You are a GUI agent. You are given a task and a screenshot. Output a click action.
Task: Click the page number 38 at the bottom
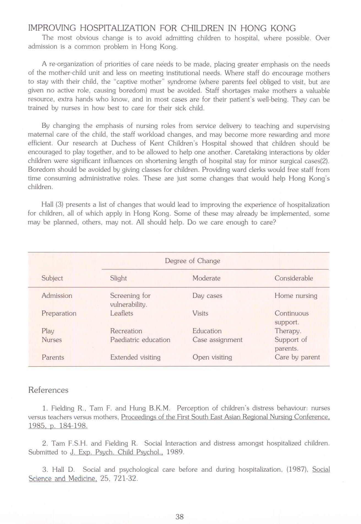(180, 517)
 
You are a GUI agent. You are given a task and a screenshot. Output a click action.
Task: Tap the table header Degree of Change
(192, 261)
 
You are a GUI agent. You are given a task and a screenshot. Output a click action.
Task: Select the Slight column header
(118, 278)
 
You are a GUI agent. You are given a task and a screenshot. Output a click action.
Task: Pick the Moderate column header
(206, 278)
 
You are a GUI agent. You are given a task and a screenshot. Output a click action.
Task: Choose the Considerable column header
(294, 278)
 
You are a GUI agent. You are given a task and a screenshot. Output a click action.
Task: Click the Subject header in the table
(52, 278)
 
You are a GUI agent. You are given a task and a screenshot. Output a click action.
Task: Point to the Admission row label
(57, 295)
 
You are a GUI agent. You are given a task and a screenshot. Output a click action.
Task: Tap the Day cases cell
(207, 296)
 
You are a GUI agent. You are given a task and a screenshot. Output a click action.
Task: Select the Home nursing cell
(296, 295)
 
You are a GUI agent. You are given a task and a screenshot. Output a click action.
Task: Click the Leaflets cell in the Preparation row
(121, 313)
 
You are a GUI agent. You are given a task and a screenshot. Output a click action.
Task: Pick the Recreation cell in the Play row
(126, 331)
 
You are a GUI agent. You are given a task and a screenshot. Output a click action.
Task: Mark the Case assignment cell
(217, 340)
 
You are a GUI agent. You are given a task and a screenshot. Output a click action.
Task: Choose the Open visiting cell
(212, 357)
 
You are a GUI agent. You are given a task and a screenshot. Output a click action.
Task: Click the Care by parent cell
(297, 357)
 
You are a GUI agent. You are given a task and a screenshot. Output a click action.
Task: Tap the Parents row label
(53, 357)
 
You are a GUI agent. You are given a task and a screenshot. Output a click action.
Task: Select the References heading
(48, 390)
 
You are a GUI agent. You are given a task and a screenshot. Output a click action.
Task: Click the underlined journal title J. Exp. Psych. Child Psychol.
(116, 452)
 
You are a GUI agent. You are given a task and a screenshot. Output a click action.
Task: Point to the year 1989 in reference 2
(175, 452)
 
